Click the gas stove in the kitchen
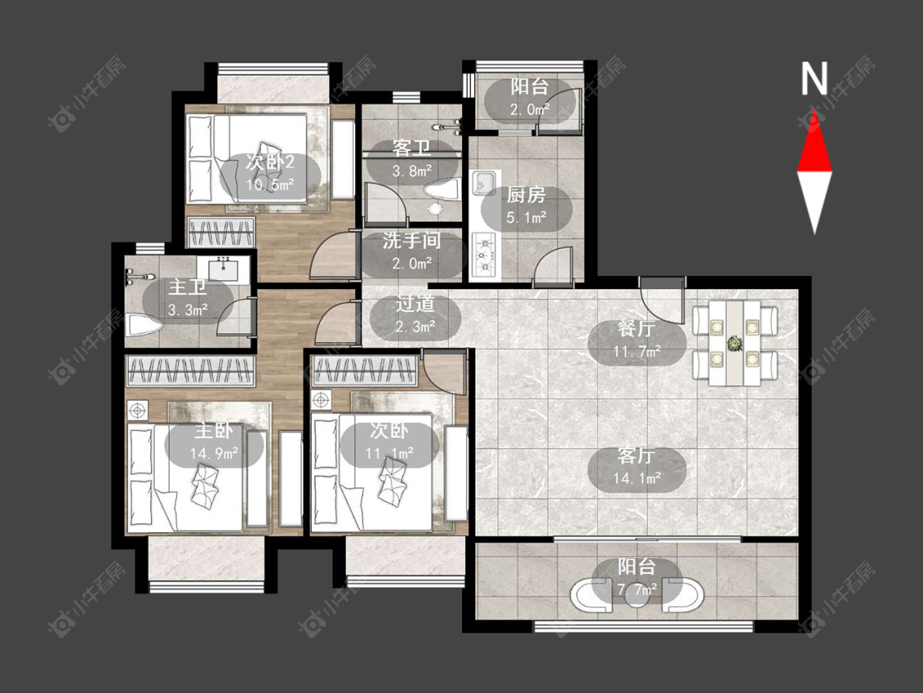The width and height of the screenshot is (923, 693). [x=485, y=255]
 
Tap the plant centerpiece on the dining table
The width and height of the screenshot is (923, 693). [x=734, y=342]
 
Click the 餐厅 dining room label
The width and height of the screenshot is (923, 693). [x=637, y=328]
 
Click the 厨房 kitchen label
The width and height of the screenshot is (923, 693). [x=526, y=195]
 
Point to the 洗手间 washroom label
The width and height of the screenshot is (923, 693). [x=412, y=241]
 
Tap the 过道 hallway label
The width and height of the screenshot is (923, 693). [x=415, y=304]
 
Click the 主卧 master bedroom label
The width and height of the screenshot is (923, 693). [x=213, y=431]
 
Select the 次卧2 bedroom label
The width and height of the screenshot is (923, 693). [x=270, y=162]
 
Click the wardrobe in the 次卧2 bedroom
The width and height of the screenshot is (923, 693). [x=221, y=232]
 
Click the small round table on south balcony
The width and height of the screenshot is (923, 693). [x=637, y=594]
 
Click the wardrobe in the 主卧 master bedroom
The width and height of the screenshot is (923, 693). [x=190, y=371]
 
